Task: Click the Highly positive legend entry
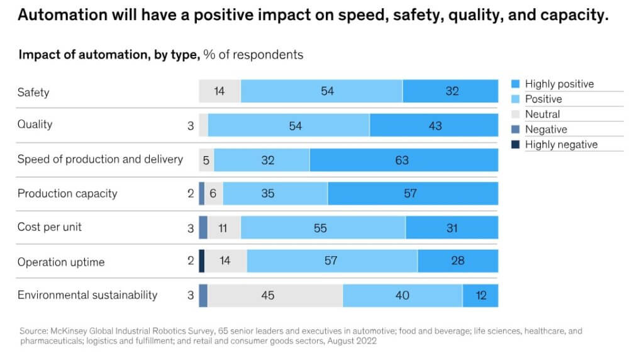[x=558, y=84]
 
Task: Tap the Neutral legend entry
[x=542, y=114]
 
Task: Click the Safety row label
[x=33, y=92]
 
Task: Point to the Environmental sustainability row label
[x=87, y=295]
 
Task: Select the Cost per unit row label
[x=50, y=227]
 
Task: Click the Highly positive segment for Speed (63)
[x=403, y=160]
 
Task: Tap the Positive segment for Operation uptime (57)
[x=331, y=261]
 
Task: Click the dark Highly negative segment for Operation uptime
[x=202, y=261]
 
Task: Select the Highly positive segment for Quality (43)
[x=434, y=126]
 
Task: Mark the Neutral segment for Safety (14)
[x=219, y=91]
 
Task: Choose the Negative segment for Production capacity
[x=202, y=194]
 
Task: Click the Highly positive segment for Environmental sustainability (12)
[x=480, y=295]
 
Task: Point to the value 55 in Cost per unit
[x=320, y=228]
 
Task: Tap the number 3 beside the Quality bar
[x=191, y=126]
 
